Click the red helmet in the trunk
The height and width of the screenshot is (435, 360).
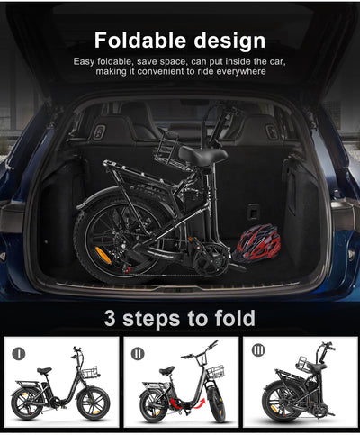(x=258, y=242)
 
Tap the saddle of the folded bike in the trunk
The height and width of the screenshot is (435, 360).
(x=202, y=155)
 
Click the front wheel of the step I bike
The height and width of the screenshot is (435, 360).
(x=94, y=403)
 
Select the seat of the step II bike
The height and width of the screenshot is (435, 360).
(x=166, y=370)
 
